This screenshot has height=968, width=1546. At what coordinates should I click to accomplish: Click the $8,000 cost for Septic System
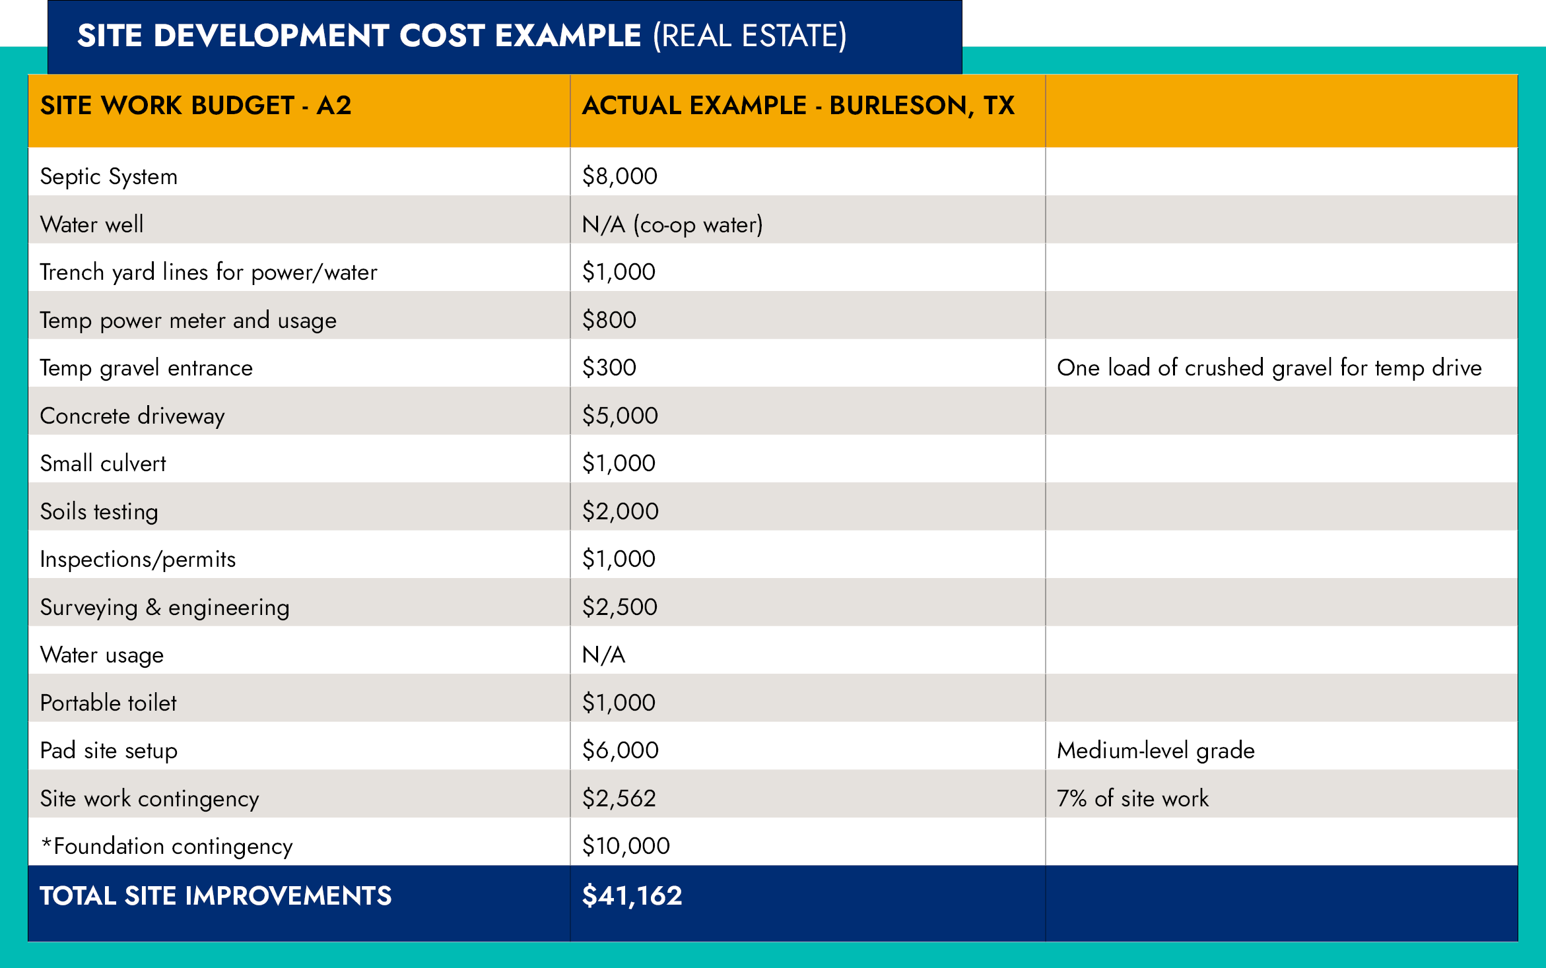pyautogui.click(x=619, y=176)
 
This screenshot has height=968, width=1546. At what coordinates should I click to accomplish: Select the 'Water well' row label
pyautogui.click(x=92, y=224)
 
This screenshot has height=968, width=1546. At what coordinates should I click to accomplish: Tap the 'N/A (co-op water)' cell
pyautogui.click(x=672, y=224)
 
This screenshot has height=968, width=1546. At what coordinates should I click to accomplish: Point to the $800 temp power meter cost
pyautogui.click(x=609, y=320)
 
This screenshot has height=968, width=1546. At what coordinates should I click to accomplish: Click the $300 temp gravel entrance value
pyautogui.click(x=609, y=368)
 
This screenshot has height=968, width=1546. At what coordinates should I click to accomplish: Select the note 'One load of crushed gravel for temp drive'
pyautogui.click(x=1269, y=368)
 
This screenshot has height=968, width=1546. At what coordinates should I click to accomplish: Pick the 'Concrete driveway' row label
pyautogui.click(x=132, y=416)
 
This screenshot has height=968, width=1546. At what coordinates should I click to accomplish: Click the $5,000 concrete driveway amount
pyautogui.click(x=619, y=416)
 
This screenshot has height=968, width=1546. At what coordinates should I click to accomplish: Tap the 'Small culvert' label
pyautogui.click(x=103, y=463)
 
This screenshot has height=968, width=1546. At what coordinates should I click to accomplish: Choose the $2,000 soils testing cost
pyautogui.click(x=620, y=511)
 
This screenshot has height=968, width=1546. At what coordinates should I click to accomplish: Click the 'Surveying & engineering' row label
pyautogui.click(x=164, y=607)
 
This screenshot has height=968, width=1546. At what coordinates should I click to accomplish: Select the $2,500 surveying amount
pyautogui.click(x=619, y=607)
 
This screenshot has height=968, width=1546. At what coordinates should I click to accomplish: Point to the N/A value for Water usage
pyautogui.click(x=603, y=655)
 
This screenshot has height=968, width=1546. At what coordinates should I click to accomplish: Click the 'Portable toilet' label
pyautogui.click(x=108, y=703)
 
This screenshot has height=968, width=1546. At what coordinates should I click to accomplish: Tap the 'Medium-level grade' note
pyautogui.click(x=1155, y=750)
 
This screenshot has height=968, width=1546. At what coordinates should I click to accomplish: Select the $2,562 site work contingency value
pyautogui.click(x=619, y=798)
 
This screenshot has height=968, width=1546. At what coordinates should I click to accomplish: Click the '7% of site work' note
pyautogui.click(x=1132, y=798)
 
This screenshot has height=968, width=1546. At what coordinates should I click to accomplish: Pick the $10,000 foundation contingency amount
pyautogui.click(x=625, y=846)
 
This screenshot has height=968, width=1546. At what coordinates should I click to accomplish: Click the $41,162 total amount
pyautogui.click(x=632, y=895)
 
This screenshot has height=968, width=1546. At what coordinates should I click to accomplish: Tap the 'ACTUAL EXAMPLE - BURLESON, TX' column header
pyautogui.click(x=797, y=106)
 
